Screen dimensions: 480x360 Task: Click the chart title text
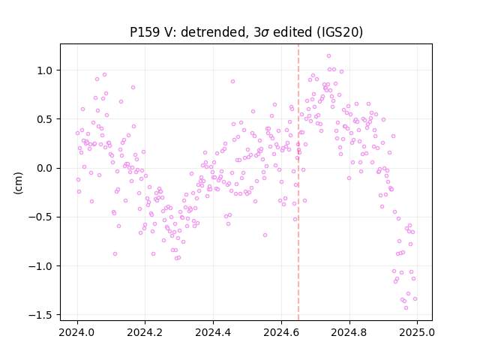(x=247, y=32)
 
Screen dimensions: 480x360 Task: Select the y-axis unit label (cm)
(x=18, y=183)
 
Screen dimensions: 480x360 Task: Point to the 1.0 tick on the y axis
(x=45, y=70)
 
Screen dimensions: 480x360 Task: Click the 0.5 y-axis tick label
(x=45, y=119)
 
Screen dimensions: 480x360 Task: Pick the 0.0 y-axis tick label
(x=45, y=168)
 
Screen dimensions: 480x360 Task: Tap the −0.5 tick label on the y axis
(x=41, y=217)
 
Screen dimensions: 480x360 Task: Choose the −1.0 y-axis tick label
(x=41, y=266)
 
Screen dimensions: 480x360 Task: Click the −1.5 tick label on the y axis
(x=41, y=315)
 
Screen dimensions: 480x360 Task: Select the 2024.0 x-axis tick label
(x=77, y=332)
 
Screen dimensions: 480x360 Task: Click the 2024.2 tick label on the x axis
(x=145, y=332)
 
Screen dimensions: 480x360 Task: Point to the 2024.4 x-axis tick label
(x=213, y=332)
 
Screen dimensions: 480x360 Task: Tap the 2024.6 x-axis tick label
(x=281, y=332)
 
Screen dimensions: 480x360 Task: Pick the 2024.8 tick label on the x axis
(x=349, y=332)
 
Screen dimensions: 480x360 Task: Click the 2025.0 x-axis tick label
(x=417, y=332)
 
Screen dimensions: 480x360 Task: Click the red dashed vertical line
(x=298, y=182)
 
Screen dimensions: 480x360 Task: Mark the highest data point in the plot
(x=328, y=56)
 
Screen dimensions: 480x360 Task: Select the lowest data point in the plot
(x=406, y=308)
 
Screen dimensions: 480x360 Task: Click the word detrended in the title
(x=213, y=32)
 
